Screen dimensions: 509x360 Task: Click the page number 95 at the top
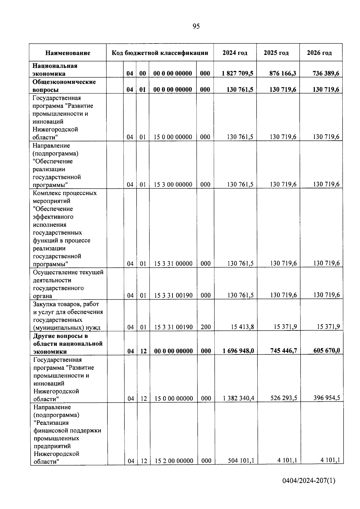[x=196, y=26]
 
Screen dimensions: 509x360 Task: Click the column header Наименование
[x=68, y=53]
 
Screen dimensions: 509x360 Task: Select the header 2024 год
[x=235, y=53]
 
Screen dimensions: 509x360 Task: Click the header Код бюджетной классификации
[x=160, y=53]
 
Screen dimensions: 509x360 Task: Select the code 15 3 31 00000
[x=173, y=264]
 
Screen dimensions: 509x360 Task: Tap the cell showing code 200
[x=206, y=327]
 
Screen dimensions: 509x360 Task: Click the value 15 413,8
[x=242, y=327]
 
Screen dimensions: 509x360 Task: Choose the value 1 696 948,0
[x=238, y=351]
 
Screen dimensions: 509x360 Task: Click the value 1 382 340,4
[x=239, y=398]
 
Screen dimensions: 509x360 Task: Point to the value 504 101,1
[x=241, y=460]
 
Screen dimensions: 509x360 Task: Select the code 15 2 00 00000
[x=174, y=461]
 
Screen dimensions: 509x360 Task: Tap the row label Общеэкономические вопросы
[x=64, y=86]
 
